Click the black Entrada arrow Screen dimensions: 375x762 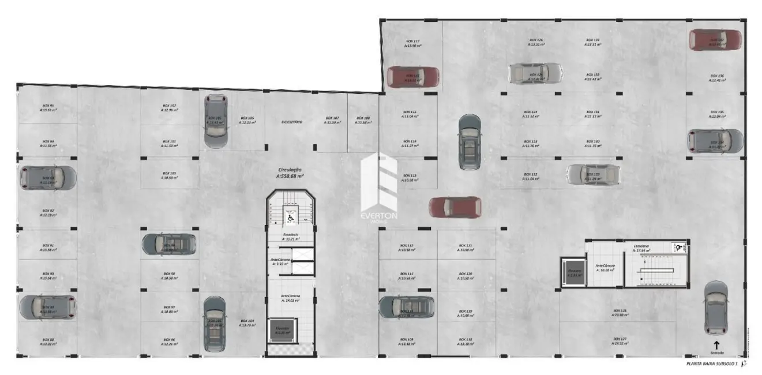(716, 344)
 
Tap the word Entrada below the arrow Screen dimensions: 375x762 (716, 352)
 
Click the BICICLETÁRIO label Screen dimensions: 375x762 (291, 122)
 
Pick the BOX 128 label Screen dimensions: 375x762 (620, 312)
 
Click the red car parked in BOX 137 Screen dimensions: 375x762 (715, 40)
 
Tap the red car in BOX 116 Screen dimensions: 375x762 (412, 77)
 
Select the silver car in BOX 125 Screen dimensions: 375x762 (535, 73)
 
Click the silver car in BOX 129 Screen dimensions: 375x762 (593, 174)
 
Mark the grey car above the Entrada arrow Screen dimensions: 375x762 (716, 307)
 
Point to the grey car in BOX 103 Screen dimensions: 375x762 (215, 122)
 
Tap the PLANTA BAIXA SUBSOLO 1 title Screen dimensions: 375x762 (712, 364)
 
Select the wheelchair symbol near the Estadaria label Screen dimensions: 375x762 (681, 247)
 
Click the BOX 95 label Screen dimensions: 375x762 (48, 107)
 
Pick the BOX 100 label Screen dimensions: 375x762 (169, 175)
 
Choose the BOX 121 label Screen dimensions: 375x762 (466, 247)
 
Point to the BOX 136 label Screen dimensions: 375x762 (717, 78)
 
